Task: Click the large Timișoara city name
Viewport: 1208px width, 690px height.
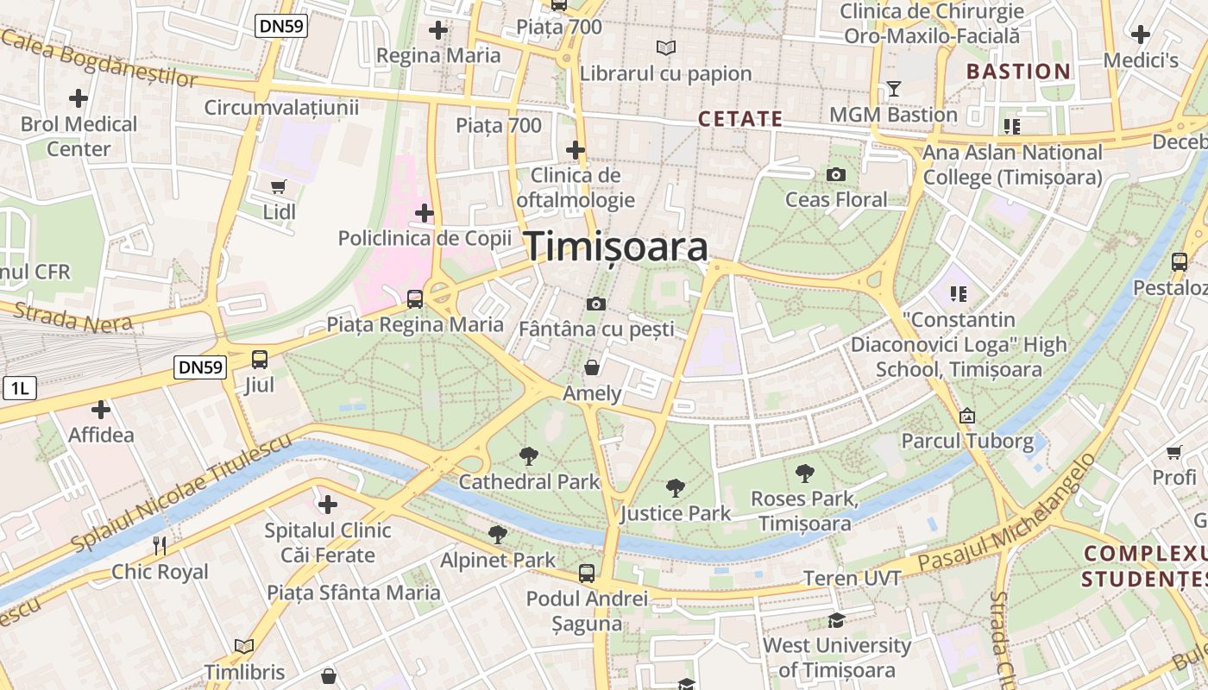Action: [617, 247]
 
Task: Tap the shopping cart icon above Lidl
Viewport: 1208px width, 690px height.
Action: [278, 186]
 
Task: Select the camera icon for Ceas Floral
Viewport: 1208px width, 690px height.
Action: [835, 175]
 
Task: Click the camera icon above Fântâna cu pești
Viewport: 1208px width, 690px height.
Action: [595, 304]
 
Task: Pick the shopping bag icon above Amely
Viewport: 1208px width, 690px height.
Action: [592, 367]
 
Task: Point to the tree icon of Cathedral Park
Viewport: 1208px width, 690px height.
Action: [528, 456]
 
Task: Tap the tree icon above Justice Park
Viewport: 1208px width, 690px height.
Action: [676, 488]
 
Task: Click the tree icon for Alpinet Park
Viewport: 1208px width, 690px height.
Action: [498, 535]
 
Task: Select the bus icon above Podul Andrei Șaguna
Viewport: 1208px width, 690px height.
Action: [587, 573]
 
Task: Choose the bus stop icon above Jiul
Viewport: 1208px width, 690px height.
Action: [259, 360]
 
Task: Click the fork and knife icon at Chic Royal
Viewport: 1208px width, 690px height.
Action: [160, 545]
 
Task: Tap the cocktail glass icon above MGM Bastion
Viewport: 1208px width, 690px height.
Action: [893, 89]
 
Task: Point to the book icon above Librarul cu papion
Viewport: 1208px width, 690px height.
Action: [665, 47]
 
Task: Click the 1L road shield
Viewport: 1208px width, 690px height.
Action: [19, 389]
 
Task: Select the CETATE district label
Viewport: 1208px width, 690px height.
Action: [739, 119]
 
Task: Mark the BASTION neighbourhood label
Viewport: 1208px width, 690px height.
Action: [1018, 72]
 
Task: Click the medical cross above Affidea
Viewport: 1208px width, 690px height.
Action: [101, 410]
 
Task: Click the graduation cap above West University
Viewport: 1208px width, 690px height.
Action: [835, 620]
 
